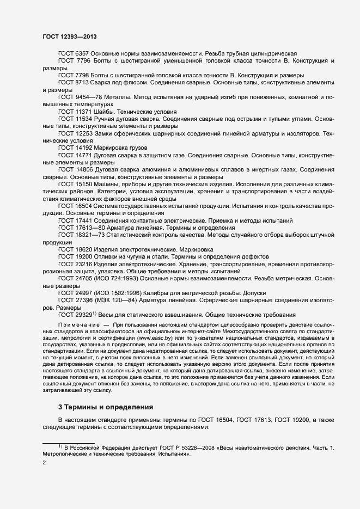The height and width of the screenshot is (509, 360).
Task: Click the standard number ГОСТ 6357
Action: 73,53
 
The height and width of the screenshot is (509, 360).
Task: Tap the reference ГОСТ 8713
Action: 73,82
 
